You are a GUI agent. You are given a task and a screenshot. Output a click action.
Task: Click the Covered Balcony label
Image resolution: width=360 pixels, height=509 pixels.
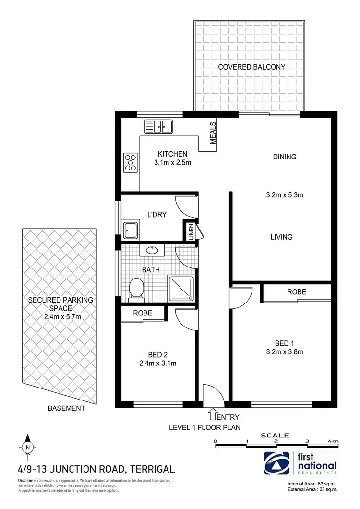pyautogui.click(x=251, y=67)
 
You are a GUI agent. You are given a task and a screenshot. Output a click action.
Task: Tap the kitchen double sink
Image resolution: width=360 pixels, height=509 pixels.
pyautogui.click(x=158, y=127)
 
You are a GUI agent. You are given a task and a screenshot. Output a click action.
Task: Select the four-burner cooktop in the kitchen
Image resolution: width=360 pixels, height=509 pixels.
pyautogui.click(x=130, y=162)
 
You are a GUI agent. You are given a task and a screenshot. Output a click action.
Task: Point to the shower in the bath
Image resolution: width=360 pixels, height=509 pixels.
pyautogui.click(x=181, y=289)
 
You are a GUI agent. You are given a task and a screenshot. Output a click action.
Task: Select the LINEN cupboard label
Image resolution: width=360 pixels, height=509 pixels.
pyautogui.click(x=192, y=231)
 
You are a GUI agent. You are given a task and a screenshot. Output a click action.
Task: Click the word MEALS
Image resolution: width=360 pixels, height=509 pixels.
pyautogui.click(x=213, y=133)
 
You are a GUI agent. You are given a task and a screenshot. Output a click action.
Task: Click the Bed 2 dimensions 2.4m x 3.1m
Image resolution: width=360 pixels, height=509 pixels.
pyautogui.click(x=156, y=363)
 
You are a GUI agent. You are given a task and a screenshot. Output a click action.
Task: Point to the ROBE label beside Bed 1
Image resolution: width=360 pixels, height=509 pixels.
pyautogui.click(x=296, y=292)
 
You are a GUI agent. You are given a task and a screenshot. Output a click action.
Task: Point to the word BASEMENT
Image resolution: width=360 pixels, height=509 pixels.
pyautogui.click(x=66, y=408)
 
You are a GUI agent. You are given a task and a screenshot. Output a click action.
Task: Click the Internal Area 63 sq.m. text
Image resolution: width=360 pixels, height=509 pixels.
pyautogui.click(x=312, y=483)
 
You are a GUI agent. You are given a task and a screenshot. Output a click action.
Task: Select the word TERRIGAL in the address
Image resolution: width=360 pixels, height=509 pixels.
pyautogui.click(x=151, y=469)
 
